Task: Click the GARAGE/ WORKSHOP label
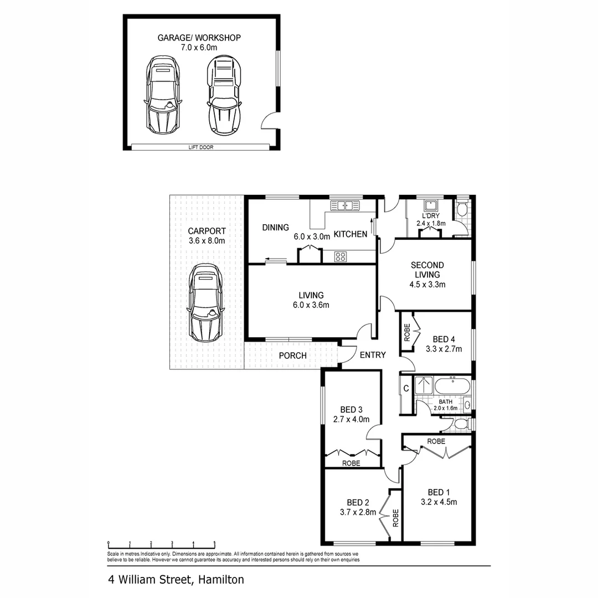pyautogui.click(x=199, y=38)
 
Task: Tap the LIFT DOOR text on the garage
pyautogui.click(x=200, y=147)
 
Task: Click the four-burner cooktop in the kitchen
pyautogui.click(x=341, y=256)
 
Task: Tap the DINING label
pyautogui.click(x=276, y=227)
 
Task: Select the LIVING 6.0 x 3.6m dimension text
pyautogui.click(x=312, y=305)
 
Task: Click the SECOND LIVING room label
pyautogui.click(x=427, y=270)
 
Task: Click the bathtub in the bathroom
pyautogui.click(x=452, y=386)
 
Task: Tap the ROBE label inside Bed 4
pyautogui.click(x=407, y=335)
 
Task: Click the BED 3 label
pyautogui.click(x=351, y=410)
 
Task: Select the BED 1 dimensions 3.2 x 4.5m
pyautogui.click(x=439, y=502)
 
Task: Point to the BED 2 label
pyautogui.click(x=358, y=502)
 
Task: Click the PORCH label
pyautogui.click(x=292, y=355)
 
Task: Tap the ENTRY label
pyautogui.click(x=373, y=355)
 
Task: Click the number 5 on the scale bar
pyautogui.click(x=214, y=544)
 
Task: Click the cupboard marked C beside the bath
pyautogui.click(x=406, y=388)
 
